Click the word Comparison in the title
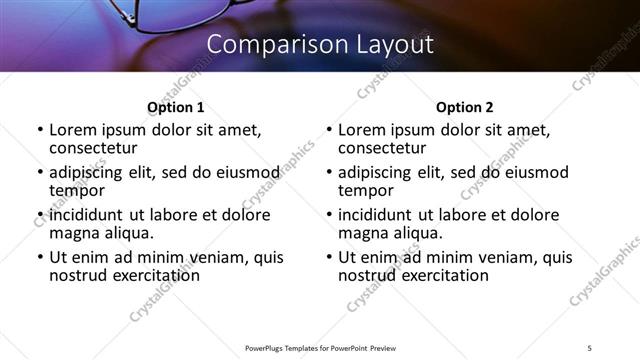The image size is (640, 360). [x=263, y=45]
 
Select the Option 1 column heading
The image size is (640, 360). [x=175, y=107]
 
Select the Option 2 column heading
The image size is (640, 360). [x=465, y=107]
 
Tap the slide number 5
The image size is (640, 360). [x=590, y=347]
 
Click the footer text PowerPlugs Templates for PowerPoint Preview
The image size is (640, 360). [x=319, y=347]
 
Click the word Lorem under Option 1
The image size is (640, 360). [x=73, y=130]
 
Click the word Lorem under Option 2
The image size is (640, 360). [x=362, y=130]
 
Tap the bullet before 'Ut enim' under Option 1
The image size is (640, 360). [x=40, y=257]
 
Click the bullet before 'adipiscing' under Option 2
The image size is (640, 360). [x=329, y=172]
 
